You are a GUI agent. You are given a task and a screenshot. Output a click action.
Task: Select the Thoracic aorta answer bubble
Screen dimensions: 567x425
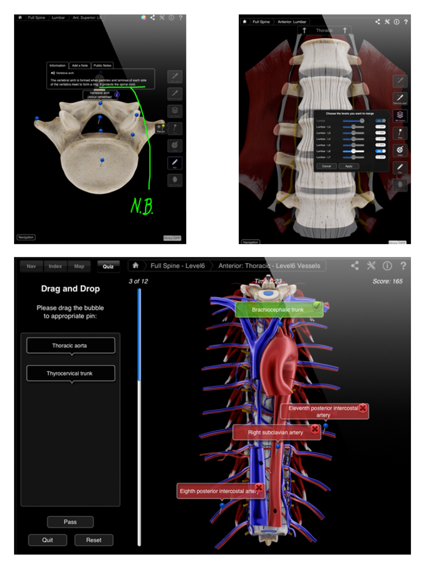[71, 345]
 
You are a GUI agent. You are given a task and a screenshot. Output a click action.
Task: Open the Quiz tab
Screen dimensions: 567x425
[108, 266]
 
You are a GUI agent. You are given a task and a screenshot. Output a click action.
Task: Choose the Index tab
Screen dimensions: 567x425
[55, 266]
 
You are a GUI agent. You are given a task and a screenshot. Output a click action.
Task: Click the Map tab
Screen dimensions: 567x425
[79, 266]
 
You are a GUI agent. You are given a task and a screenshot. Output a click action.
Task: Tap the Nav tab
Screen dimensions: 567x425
[31, 266]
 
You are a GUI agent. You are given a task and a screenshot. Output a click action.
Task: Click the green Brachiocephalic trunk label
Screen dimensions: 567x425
[278, 310]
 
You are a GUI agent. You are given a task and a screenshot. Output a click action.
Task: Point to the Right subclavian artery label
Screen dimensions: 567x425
[275, 433]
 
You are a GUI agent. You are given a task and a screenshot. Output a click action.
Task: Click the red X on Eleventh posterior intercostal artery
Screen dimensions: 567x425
[363, 408]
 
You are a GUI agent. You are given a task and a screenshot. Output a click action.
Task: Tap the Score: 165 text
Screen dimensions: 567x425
[387, 281]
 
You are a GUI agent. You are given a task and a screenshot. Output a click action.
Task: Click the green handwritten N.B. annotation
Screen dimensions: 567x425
[142, 206]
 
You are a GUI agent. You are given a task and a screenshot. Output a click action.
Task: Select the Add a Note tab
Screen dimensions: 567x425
[80, 66]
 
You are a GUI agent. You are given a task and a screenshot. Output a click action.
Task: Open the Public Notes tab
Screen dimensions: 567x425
[102, 66]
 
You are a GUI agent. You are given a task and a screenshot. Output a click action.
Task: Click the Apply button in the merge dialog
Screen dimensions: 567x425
[349, 166]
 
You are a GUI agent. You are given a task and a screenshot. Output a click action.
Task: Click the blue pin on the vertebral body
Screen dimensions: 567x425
[102, 160]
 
